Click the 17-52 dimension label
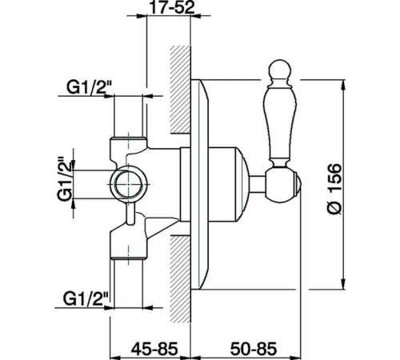172,7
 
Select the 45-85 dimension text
154,349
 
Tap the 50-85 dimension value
254,349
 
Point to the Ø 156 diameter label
334,189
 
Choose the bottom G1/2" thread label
86,298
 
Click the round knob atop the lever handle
280,70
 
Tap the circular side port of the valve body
129,184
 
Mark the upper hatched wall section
181,90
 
